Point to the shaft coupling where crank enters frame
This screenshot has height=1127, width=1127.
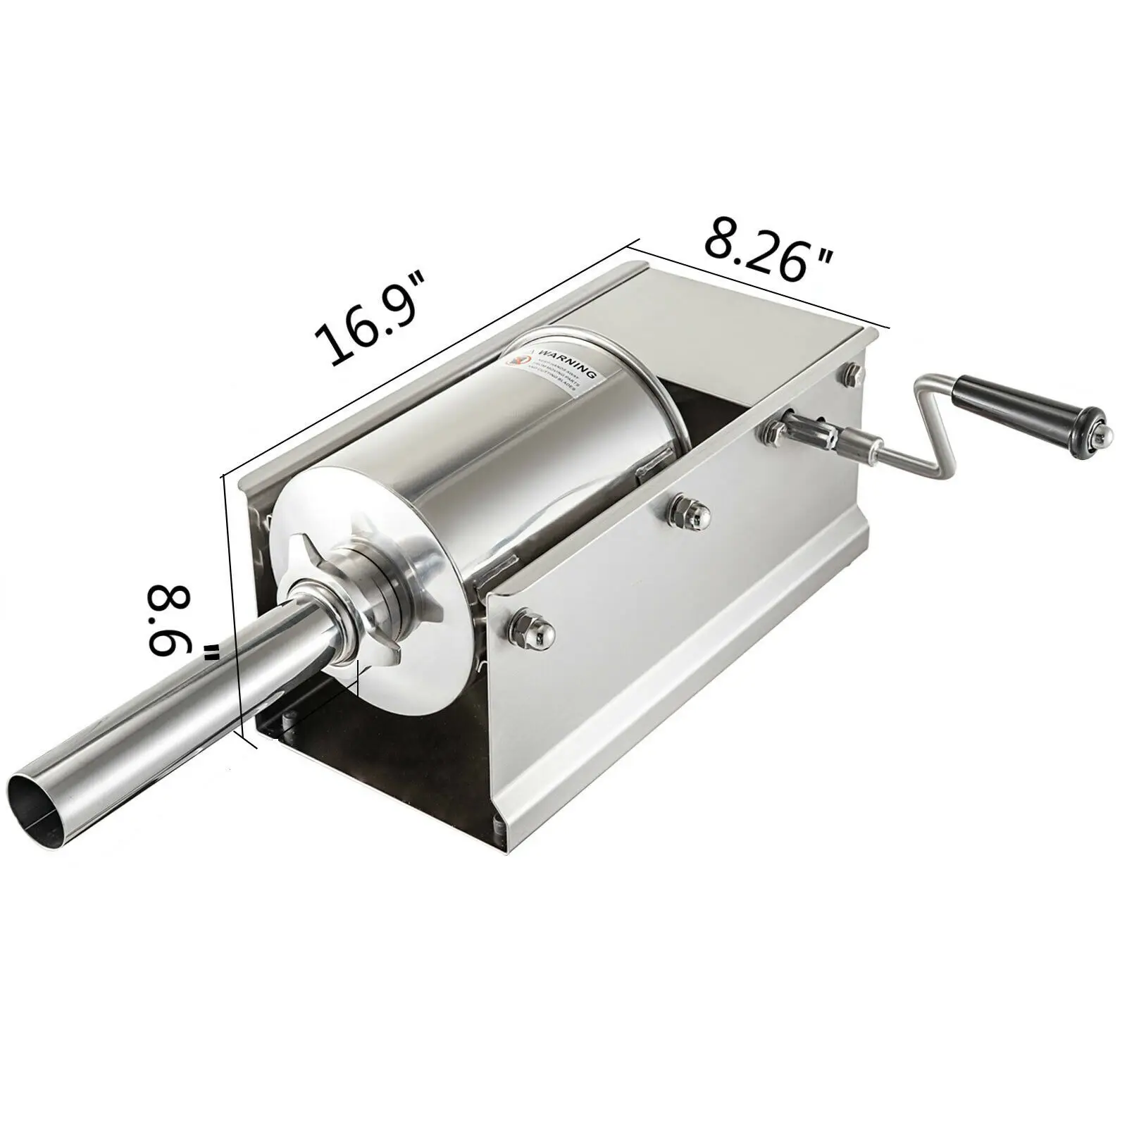coord(796,430)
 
